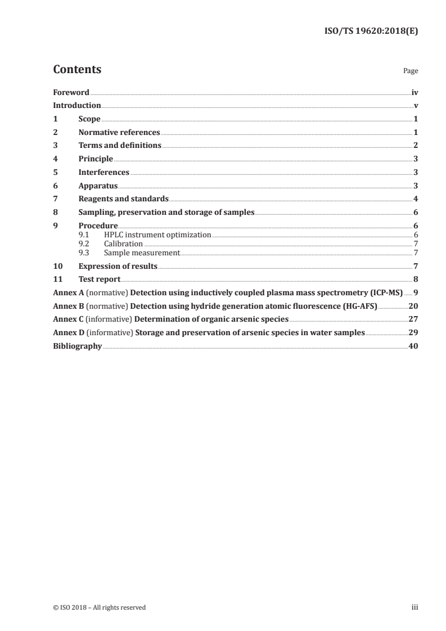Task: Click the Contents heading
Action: click(x=77, y=70)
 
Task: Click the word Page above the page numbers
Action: click(x=411, y=71)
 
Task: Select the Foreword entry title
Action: click(x=71, y=92)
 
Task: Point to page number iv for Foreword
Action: click(x=415, y=92)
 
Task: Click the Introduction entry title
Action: click(x=76, y=105)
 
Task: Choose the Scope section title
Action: click(x=89, y=119)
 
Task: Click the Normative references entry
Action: click(x=119, y=132)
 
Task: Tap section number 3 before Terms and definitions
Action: click(x=55, y=146)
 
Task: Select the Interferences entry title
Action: click(x=104, y=172)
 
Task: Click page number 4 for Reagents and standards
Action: click(x=416, y=199)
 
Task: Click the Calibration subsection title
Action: click(x=123, y=244)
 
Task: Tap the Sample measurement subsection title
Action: click(x=142, y=253)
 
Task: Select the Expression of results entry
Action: click(x=118, y=266)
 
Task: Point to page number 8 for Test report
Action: click(x=416, y=279)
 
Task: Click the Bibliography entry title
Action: click(x=77, y=346)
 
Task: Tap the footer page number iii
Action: click(x=415, y=607)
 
